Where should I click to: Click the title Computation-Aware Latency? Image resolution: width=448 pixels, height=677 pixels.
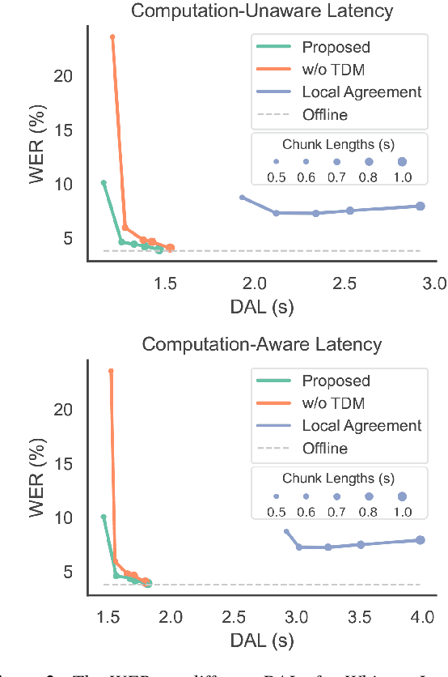(x=261, y=344)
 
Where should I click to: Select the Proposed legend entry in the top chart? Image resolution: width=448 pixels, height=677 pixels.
(x=336, y=47)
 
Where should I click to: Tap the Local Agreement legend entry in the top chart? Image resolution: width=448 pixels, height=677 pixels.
(x=361, y=92)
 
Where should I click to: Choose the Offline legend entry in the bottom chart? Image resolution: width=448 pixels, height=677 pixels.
(x=324, y=448)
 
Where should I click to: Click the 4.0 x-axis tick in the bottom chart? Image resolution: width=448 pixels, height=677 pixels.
(x=421, y=616)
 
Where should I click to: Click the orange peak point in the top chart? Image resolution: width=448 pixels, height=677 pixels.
(x=112, y=36)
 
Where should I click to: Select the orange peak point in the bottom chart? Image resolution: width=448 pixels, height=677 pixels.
(x=111, y=371)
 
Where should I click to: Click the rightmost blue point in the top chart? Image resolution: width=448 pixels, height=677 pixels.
(x=421, y=206)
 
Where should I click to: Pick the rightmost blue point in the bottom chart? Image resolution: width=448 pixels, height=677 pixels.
(x=421, y=539)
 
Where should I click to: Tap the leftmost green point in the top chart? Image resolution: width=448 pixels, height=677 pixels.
(x=104, y=183)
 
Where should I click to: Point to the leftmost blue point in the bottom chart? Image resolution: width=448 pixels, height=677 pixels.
(x=286, y=531)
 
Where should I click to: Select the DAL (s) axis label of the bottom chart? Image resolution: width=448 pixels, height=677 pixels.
(x=261, y=639)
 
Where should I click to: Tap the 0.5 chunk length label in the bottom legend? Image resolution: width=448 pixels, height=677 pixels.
(x=276, y=512)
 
